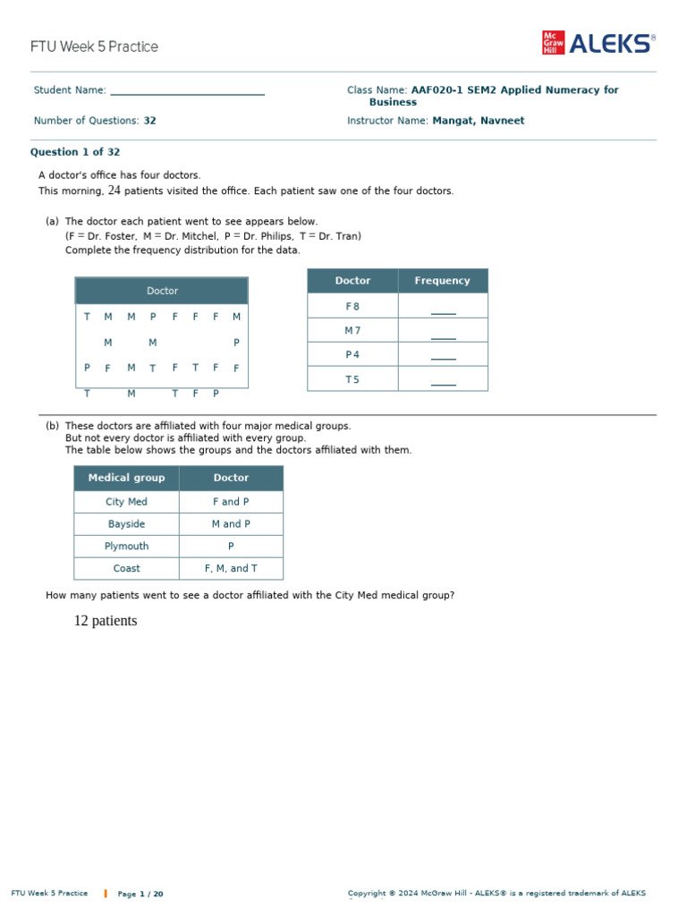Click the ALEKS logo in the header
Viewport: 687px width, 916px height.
598,44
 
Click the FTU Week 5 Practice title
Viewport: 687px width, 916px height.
94,47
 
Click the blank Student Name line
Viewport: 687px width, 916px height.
187,90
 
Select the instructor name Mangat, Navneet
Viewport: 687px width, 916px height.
479,121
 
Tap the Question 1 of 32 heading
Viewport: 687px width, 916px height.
75,152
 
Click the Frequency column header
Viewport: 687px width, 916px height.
442,281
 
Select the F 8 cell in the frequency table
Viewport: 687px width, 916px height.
352,307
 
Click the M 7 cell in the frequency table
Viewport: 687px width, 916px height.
352,331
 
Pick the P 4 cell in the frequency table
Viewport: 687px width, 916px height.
352,355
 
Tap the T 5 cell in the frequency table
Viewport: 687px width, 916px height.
352,379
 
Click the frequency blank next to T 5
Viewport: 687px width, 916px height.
443,380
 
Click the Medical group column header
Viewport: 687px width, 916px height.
126,478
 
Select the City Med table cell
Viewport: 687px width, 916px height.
126,502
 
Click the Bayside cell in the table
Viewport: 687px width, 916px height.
126,524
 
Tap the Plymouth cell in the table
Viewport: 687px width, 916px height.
126,547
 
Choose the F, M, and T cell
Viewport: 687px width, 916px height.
231,569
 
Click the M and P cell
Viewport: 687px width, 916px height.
231,524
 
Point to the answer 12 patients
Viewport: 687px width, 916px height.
106,621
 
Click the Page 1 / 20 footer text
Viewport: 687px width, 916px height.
140,894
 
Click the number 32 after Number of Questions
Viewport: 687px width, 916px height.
150,121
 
